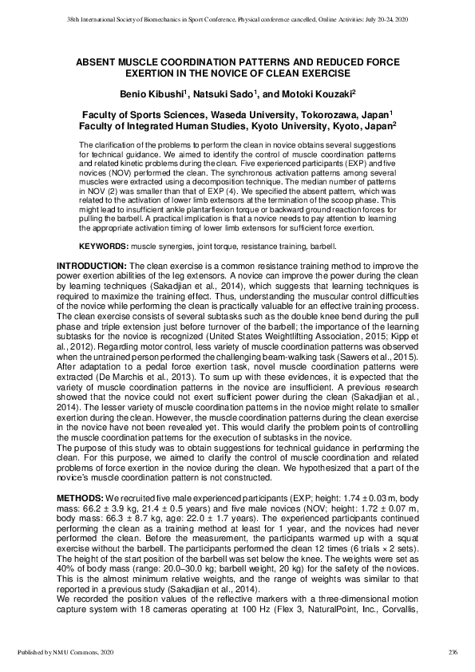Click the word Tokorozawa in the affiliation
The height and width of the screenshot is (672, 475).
coord(298,115)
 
